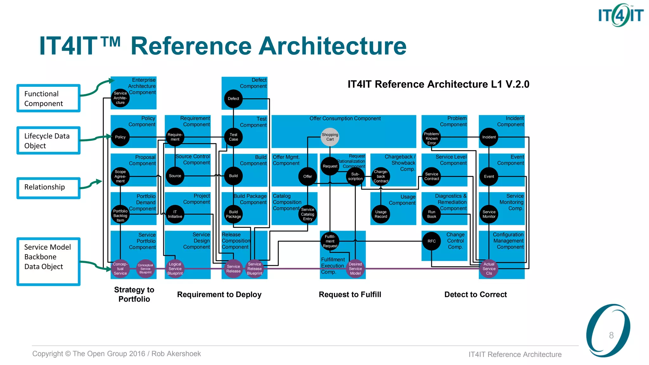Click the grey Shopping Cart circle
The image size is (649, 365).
330,137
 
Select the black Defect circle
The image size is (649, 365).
233,99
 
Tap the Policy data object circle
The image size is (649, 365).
120,137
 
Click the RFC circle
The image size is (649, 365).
431,241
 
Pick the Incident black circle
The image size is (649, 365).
489,137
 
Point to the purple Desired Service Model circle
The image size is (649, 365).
355,269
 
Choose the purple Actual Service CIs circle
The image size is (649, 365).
489,269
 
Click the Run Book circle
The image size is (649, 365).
431,214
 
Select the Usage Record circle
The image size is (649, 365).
381,214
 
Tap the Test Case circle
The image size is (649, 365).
233,137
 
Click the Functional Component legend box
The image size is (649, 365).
48,98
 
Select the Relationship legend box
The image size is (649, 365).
48,188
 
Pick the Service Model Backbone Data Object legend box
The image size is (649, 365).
48,261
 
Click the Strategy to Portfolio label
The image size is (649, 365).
134,294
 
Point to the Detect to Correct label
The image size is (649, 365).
475,294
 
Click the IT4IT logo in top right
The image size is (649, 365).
620,15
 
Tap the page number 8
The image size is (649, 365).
611,335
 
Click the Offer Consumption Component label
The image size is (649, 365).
345,118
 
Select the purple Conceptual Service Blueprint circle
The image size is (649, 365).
145,269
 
